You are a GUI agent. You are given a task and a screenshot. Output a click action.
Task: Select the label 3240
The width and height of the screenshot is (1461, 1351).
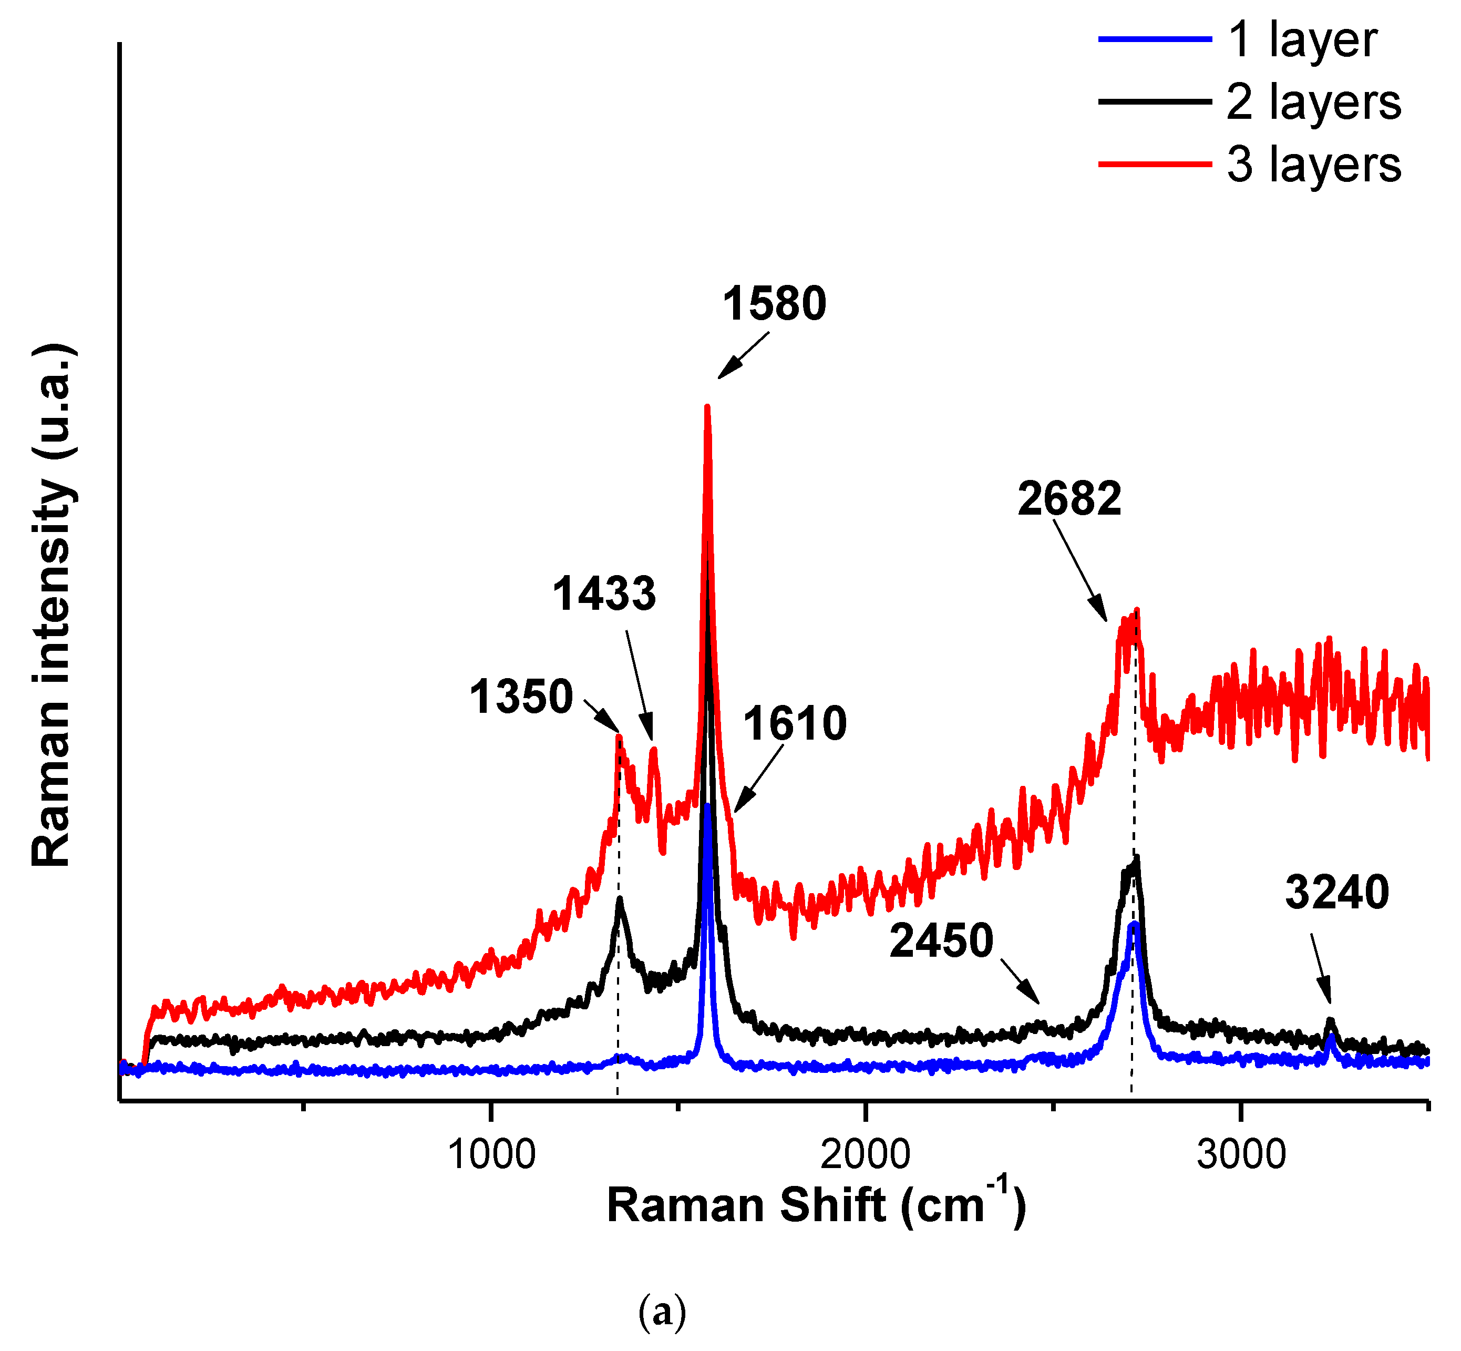coord(1337,893)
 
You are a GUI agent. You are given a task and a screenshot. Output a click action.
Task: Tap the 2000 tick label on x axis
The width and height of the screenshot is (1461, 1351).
coord(866,1155)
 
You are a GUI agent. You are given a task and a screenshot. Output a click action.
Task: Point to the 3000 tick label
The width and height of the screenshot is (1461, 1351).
coord(1241,1155)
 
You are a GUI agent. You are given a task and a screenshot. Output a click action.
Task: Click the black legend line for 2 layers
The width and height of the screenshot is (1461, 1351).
coord(1155,101)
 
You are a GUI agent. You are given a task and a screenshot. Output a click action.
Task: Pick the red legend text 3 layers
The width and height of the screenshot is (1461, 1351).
coord(1314,165)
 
